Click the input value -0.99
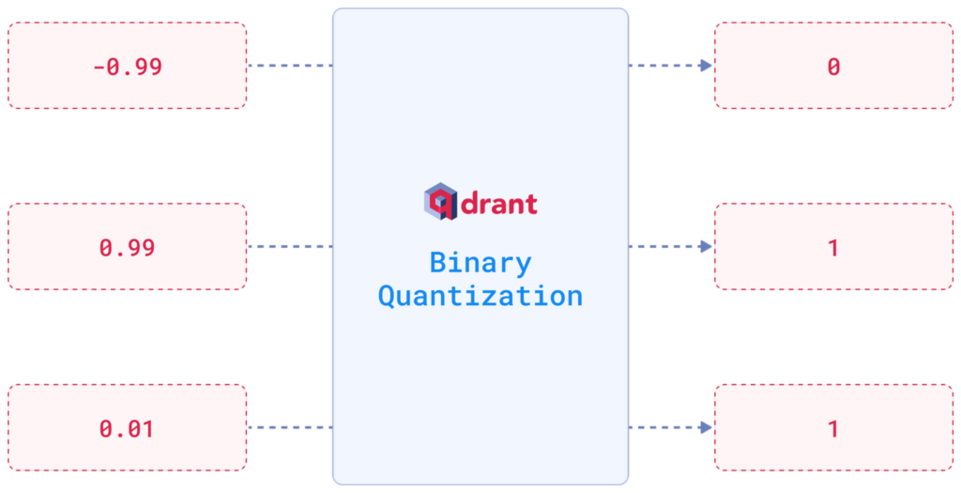[x=128, y=67]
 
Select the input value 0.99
[x=128, y=248]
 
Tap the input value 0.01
[x=128, y=429]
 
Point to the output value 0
[x=832, y=67]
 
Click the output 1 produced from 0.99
[x=832, y=248]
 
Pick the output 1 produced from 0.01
[x=832, y=429]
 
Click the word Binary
[x=480, y=263]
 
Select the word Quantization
[x=480, y=296]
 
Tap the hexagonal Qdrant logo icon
[x=440, y=202]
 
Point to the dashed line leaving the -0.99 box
[x=290, y=66]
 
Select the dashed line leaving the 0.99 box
[x=290, y=247]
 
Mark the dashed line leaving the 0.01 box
[x=290, y=428]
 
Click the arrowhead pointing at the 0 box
[x=705, y=66]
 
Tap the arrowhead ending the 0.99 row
[x=705, y=247]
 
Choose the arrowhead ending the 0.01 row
[x=705, y=428]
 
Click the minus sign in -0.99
[x=99, y=67]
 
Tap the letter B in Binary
[x=437, y=263]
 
